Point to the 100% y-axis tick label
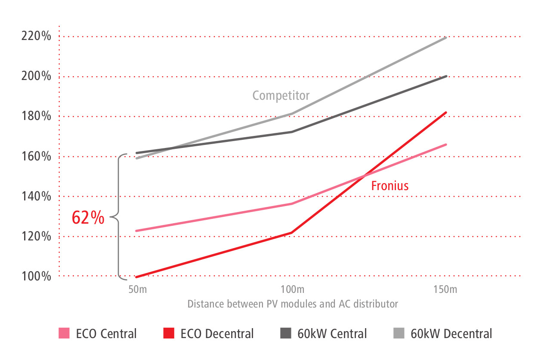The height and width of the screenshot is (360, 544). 36,276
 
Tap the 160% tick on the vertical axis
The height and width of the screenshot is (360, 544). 36,156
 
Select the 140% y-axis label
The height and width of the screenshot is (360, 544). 36,196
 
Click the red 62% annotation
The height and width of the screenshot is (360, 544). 88,218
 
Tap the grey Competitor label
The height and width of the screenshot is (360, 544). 281,95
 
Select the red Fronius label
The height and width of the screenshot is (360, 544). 390,186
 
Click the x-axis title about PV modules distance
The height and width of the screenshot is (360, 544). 292,304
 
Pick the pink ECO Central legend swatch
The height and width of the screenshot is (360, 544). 64,333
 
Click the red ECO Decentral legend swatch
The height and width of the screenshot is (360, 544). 169,333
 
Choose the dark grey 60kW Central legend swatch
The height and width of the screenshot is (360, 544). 286,333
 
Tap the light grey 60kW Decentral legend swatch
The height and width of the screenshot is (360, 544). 399,333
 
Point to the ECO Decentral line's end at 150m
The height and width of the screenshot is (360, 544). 446,113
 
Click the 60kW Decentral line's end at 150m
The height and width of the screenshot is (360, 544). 446,38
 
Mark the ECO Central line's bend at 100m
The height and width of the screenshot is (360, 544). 292,203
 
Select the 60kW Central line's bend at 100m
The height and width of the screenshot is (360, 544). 292,132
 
